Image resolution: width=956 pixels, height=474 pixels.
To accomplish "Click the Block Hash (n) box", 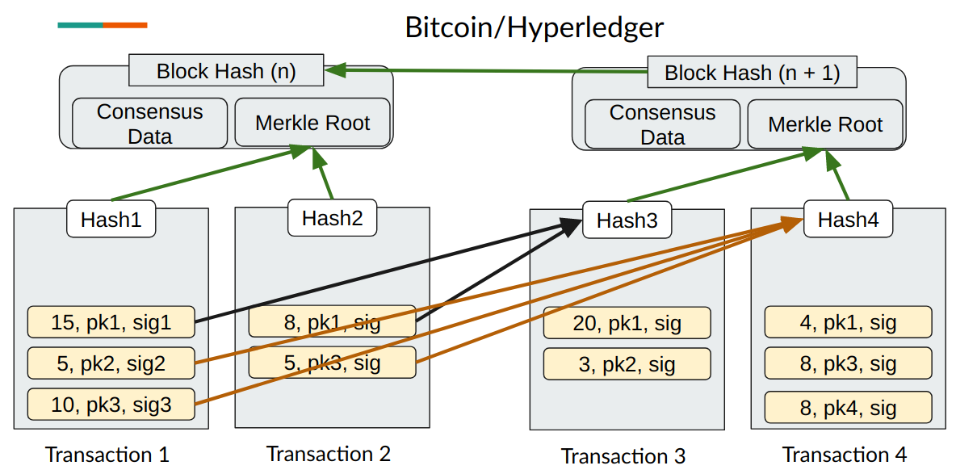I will (x=226, y=71).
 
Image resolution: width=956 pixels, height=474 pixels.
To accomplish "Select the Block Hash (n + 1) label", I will (x=752, y=73).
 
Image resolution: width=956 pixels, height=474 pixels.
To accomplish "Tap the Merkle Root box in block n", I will (x=312, y=123).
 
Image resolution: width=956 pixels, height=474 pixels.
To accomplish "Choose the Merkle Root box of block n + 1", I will (x=824, y=124).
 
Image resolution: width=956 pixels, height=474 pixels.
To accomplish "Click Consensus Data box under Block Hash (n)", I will (x=149, y=124).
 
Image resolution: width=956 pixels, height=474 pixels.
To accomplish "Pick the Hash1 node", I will (x=111, y=220).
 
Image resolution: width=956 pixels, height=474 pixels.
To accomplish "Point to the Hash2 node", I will (x=332, y=217).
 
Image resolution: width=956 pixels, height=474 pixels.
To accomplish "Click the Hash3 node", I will (x=627, y=220).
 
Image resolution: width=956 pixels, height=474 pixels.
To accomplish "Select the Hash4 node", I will (x=848, y=219).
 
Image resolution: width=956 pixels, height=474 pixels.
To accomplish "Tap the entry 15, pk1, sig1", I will (x=111, y=323).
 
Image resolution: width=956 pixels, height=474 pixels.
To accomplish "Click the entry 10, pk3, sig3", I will (x=111, y=405).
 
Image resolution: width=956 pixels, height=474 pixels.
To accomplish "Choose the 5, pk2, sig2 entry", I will (x=111, y=363).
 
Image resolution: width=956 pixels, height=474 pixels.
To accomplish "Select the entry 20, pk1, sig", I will (x=627, y=324).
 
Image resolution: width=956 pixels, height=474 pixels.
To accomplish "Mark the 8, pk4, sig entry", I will (x=848, y=408).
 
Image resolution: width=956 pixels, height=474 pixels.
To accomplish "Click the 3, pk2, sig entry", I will (x=627, y=364).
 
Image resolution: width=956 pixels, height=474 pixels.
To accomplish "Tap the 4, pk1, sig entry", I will (x=848, y=323).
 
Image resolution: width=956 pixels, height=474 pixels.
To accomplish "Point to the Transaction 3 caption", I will (x=623, y=456).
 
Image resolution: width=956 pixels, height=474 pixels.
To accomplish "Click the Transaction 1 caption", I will (x=107, y=455).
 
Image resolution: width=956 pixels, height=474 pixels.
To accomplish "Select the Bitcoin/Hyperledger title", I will (x=534, y=27).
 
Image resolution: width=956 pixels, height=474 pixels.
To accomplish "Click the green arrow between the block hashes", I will (x=484, y=71).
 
